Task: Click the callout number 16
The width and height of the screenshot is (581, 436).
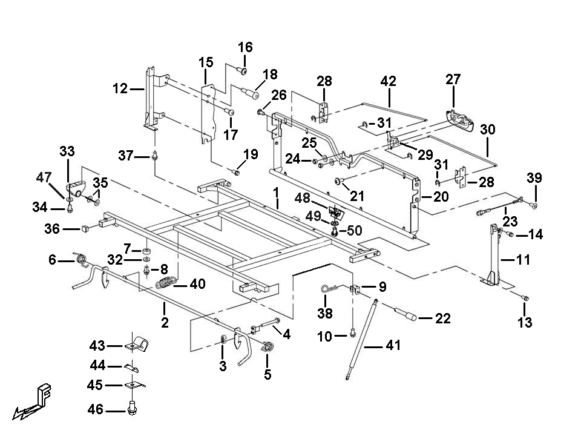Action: [245, 47]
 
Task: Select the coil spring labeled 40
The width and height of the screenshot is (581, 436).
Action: [165, 283]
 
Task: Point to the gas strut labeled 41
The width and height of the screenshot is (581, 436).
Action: [362, 339]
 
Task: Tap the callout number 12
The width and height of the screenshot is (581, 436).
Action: [120, 88]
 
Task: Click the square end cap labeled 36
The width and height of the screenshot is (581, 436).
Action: [85, 228]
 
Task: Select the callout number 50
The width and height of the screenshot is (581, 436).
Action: [354, 231]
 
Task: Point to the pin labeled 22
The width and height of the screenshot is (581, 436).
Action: [406, 314]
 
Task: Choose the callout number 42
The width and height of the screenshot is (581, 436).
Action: [389, 81]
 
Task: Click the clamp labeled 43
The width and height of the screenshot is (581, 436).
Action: [136, 344]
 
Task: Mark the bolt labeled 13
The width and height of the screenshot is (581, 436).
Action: [525, 298]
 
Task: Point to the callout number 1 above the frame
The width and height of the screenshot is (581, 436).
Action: [276, 192]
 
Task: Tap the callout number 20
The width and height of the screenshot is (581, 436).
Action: [441, 196]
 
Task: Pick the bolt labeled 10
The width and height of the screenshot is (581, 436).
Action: [352, 334]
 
